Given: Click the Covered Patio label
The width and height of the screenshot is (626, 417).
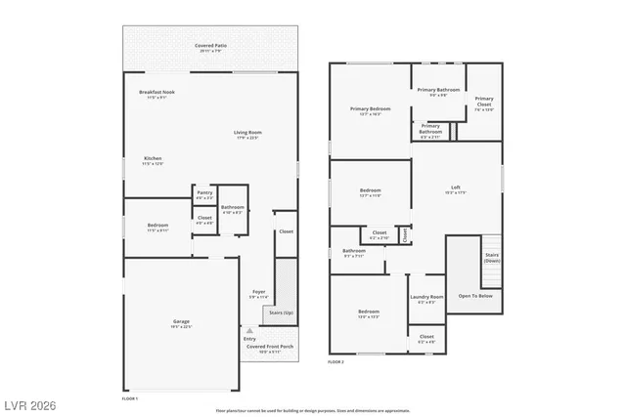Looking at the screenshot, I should pos(211,46).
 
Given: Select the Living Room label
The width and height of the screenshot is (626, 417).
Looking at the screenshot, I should pos(247,135).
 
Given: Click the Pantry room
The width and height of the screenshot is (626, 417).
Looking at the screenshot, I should pos(204,194).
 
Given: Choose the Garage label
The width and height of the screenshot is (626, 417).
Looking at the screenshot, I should pos(181,323).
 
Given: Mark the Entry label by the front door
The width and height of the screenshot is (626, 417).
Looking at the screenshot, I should pos(249,339).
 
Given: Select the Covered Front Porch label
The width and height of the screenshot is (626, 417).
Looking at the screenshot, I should pos(270,349).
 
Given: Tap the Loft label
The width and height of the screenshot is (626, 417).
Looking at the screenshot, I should pos(455,188).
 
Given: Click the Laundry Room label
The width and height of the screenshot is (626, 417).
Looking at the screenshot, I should pos(425,299).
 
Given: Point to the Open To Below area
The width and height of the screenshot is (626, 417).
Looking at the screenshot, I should pos(473,296).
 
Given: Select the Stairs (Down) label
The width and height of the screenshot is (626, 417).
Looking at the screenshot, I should pos(492,258).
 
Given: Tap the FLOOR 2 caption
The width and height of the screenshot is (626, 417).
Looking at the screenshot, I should pos(335,361).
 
